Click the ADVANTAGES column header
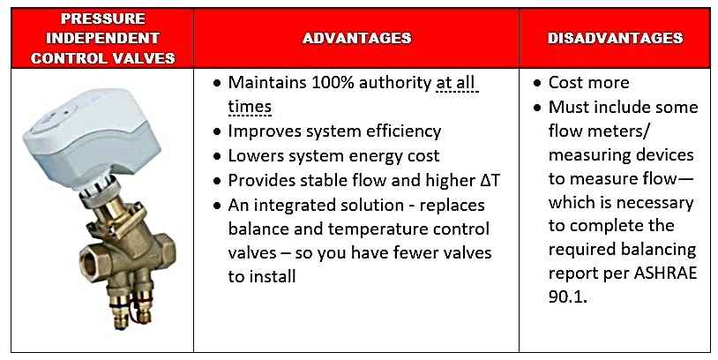(356, 38)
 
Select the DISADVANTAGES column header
(615, 38)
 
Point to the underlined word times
(250, 107)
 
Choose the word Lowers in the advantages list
(254, 156)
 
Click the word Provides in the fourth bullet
(262, 180)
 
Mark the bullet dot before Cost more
(539, 83)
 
